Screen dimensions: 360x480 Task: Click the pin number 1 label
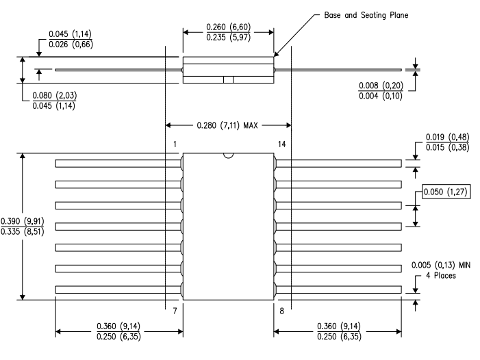(x=175, y=144)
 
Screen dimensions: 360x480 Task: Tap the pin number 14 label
(x=282, y=144)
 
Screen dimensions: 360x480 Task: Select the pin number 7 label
(x=175, y=311)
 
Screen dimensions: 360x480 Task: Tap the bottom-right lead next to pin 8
(x=338, y=290)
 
